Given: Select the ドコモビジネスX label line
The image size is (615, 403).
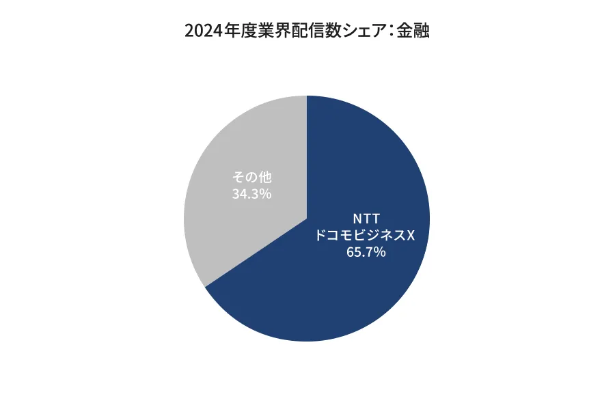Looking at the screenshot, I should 364,236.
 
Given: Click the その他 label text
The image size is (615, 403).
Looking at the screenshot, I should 252,178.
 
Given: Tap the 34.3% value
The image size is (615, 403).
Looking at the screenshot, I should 252,194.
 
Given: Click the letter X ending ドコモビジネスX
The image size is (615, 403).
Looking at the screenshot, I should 411,236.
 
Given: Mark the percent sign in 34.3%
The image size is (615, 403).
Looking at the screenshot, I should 266,194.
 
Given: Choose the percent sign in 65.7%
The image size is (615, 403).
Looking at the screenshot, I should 380,253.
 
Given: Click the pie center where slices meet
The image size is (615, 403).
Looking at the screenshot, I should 307,219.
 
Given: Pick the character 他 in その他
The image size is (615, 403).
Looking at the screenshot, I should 265,178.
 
